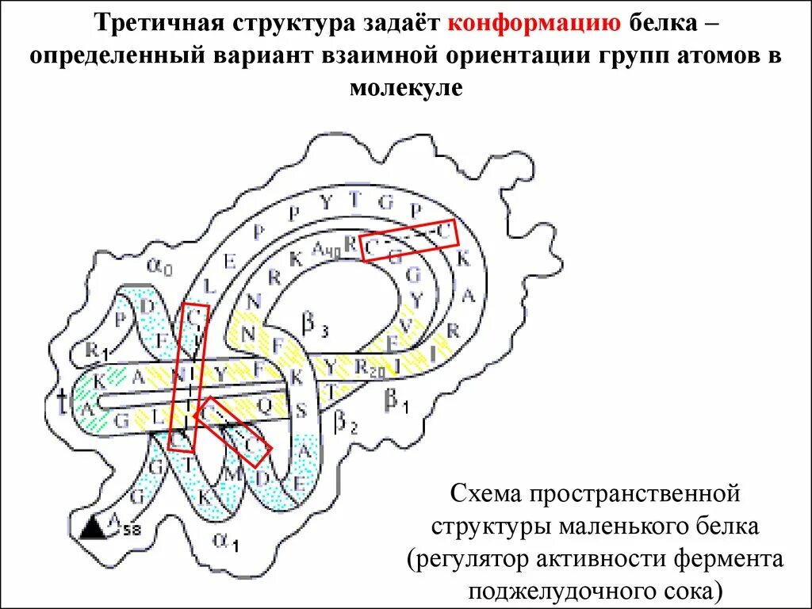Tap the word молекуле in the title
click(405, 87)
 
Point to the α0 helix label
click(160, 268)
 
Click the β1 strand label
click(396, 401)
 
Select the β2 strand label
click(347, 421)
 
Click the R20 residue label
click(370, 367)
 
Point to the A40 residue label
click(325, 251)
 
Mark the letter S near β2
click(301, 410)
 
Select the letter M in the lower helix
click(234, 474)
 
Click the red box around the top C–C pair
click(409, 238)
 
